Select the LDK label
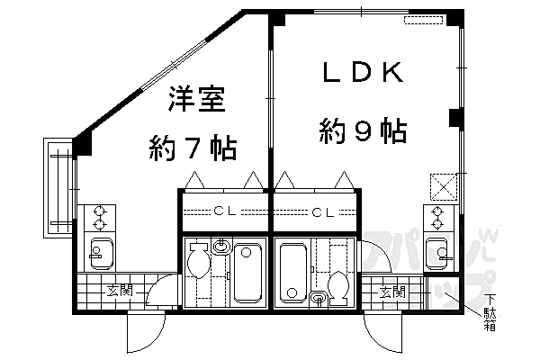click(361, 74)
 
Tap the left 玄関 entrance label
click(120, 291)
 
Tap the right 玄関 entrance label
click(391, 292)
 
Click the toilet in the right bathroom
click(339, 285)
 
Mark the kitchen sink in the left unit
click(98, 253)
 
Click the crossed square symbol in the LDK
click(443, 184)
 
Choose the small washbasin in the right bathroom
click(319, 297)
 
